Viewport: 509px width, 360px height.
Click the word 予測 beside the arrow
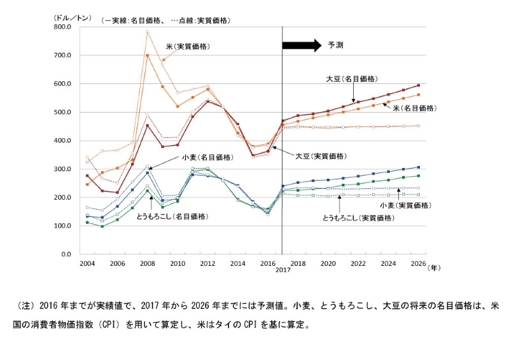click(335, 45)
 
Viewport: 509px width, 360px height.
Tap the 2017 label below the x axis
click(282, 270)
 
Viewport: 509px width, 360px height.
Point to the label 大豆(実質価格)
click(321, 156)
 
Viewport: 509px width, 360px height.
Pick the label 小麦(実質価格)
click(405, 205)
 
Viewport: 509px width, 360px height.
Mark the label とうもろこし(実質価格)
click(359, 218)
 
